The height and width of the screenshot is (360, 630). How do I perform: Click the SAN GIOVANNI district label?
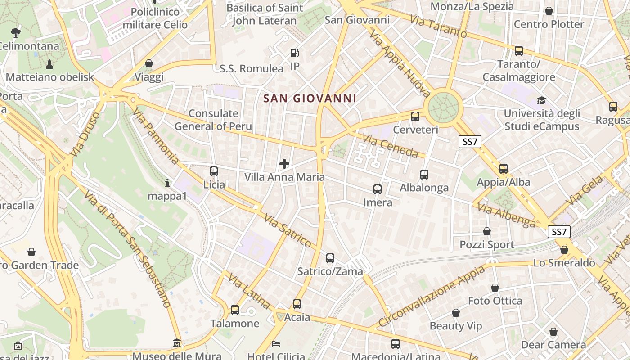(310, 98)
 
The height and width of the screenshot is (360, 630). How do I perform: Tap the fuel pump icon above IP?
(294, 53)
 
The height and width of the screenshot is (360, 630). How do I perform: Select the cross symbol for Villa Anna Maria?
(284, 164)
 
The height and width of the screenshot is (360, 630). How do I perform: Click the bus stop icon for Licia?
(214, 171)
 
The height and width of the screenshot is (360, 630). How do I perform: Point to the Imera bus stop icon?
(378, 189)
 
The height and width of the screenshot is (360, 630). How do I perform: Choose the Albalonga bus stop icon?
(424, 175)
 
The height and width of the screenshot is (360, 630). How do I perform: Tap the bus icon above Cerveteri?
(415, 117)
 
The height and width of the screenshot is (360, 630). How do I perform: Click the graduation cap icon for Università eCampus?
(541, 100)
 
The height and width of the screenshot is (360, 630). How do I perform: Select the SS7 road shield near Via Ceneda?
(470, 142)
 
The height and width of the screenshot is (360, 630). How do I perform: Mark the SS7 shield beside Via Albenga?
(558, 232)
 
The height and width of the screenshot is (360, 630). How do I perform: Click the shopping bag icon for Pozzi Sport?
(487, 232)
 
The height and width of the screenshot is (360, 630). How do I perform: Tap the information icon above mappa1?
(167, 183)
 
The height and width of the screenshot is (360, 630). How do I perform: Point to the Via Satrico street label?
(288, 231)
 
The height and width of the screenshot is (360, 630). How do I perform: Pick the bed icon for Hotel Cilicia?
(276, 344)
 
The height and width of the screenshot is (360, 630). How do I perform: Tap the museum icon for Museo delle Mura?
(177, 344)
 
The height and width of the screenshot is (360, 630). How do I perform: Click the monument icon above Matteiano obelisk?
(49, 64)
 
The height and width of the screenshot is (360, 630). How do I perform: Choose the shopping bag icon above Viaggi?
(149, 64)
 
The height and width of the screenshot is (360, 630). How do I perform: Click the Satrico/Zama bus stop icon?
(330, 258)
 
